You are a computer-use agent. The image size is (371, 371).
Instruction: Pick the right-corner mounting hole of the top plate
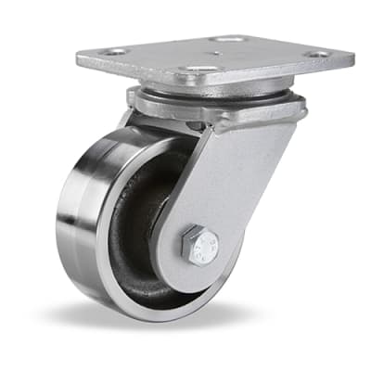318,54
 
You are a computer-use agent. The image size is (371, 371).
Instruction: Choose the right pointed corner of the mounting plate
353,58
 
